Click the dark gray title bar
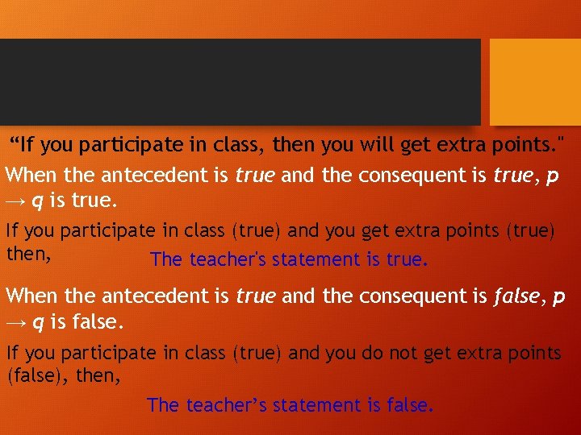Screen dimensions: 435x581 click(x=240, y=81)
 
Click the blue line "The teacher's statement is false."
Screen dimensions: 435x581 click(x=290, y=405)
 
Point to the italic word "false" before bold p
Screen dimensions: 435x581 click(x=516, y=296)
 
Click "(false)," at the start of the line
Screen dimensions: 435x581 click(x=38, y=375)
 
